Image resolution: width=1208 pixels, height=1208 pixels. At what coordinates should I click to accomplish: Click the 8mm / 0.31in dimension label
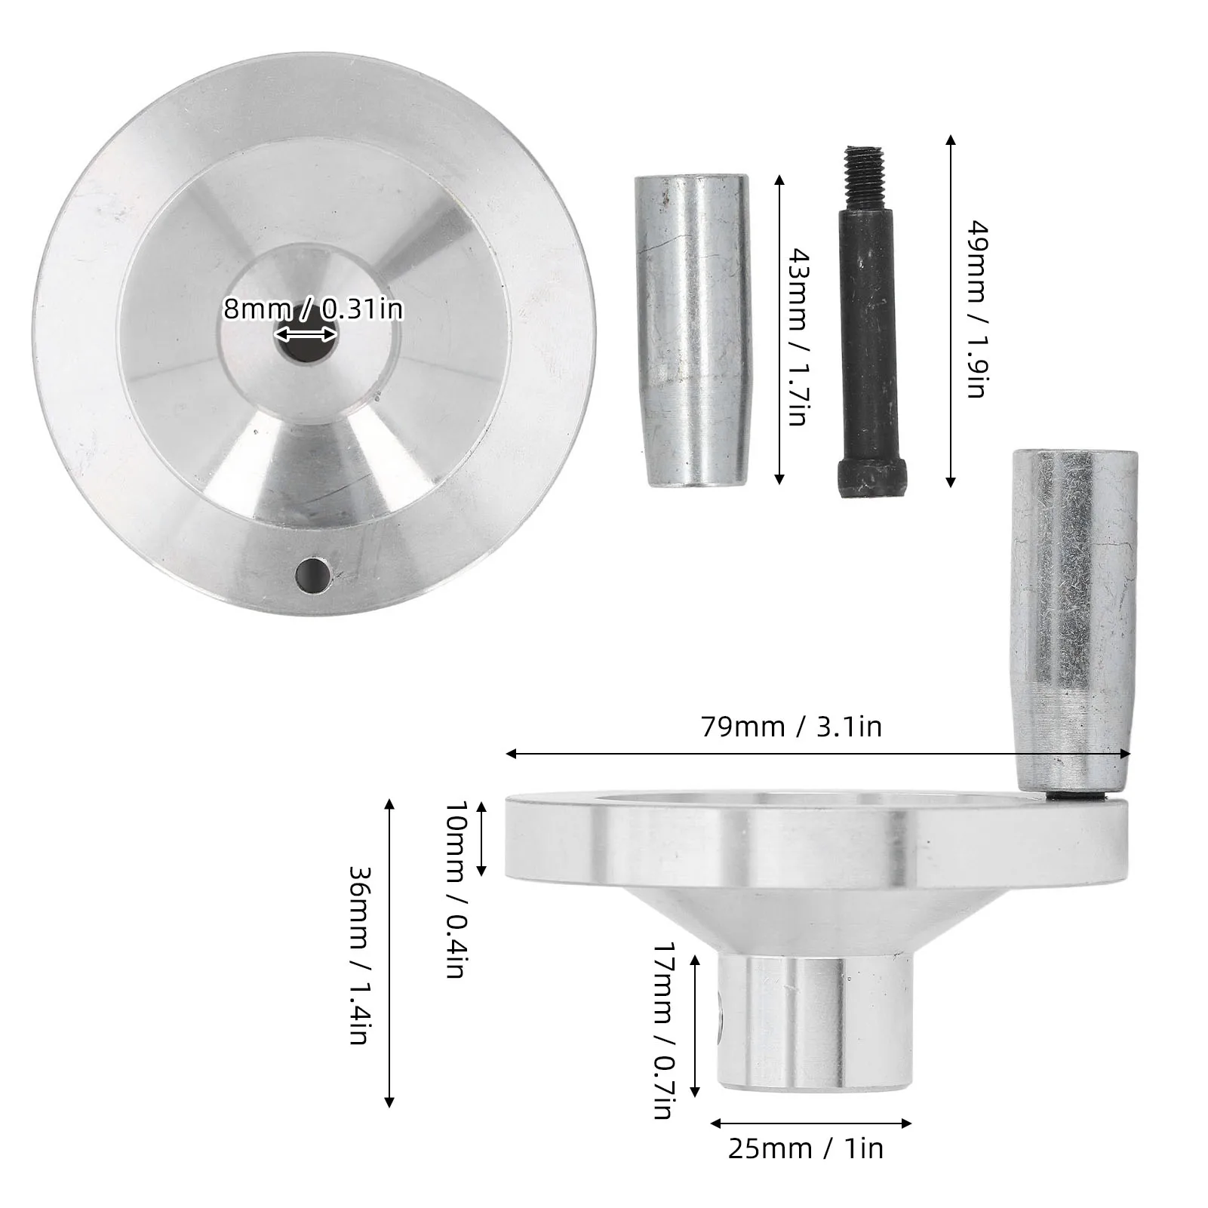(313, 309)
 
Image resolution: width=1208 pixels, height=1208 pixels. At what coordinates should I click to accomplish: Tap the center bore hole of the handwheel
(306, 347)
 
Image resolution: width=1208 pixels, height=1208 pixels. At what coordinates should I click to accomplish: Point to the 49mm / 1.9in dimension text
(976, 309)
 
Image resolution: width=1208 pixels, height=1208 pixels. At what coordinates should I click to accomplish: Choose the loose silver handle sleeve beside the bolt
(691, 332)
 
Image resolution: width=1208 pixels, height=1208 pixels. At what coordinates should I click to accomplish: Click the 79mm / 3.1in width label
(792, 727)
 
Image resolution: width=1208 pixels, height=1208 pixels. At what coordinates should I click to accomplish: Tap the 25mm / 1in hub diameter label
(805, 1148)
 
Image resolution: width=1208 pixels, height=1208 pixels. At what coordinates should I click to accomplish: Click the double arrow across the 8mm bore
(306, 334)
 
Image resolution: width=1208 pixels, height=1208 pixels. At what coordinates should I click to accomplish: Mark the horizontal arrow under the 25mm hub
(810, 1123)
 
